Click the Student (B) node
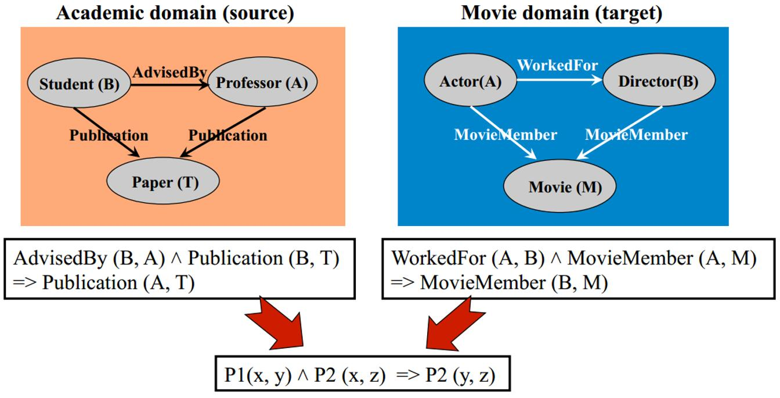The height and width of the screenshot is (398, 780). point(79,84)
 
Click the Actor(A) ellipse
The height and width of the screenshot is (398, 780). point(470,82)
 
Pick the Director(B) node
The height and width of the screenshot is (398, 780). point(658,81)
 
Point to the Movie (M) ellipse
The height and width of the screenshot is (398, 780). point(564,187)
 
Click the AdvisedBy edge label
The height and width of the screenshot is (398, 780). point(169,72)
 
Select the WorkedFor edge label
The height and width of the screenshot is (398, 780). point(557,65)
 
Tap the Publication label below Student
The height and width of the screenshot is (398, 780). point(109,135)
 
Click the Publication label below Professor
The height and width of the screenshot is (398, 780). point(228,135)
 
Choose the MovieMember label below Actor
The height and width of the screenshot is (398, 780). point(505,135)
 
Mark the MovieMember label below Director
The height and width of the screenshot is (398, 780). point(636,135)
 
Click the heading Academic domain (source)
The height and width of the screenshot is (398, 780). point(175,13)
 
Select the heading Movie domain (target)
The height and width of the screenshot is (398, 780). point(561,13)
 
